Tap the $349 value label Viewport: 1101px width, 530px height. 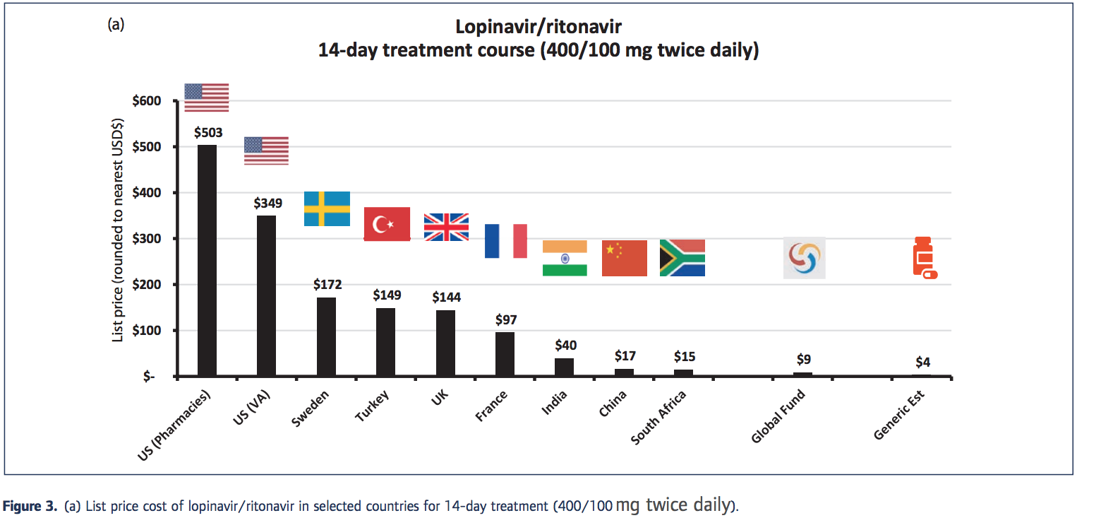pos(267,204)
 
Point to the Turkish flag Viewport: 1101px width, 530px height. pos(387,224)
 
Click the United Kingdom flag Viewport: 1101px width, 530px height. pos(446,227)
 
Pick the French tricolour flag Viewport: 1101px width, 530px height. pos(506,241)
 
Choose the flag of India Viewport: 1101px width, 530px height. pos(565,258)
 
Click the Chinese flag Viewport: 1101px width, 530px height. pos(624,258)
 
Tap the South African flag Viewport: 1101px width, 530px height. pos(682,258)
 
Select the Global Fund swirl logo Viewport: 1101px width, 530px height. pos(804,258)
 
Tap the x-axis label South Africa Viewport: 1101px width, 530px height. pos(658,419)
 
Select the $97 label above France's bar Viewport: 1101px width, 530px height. pos(506,320)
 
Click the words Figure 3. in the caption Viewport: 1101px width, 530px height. pos(30,507)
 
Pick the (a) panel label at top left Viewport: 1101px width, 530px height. pos(116,25)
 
